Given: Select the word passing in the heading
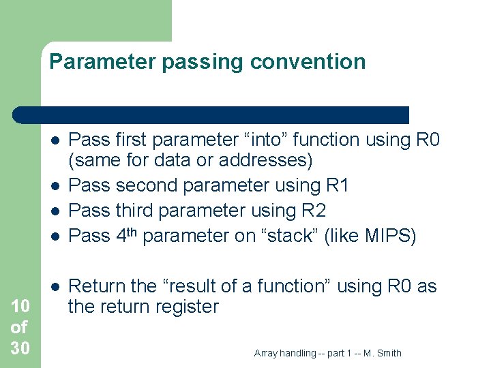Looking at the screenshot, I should tap(203, 62).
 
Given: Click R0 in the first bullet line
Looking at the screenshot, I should tap(427, 140).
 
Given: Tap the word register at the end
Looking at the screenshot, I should tap(183, 307).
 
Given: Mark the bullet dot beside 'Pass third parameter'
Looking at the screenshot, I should tap(55, 211).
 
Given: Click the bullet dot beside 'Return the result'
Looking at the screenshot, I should tap(55, 286).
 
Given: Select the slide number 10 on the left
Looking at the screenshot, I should tap(20, 307).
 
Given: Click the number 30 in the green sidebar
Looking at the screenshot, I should tap(20, 348).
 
